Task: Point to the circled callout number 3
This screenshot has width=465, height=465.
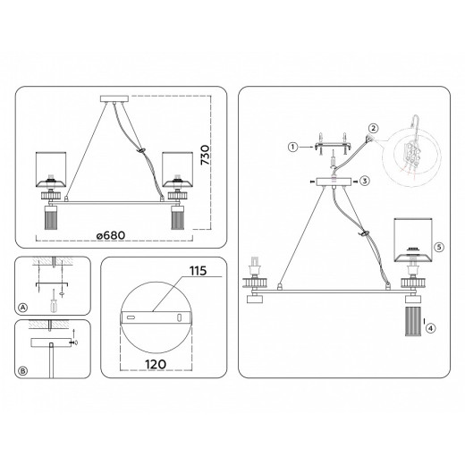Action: [366, 182]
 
